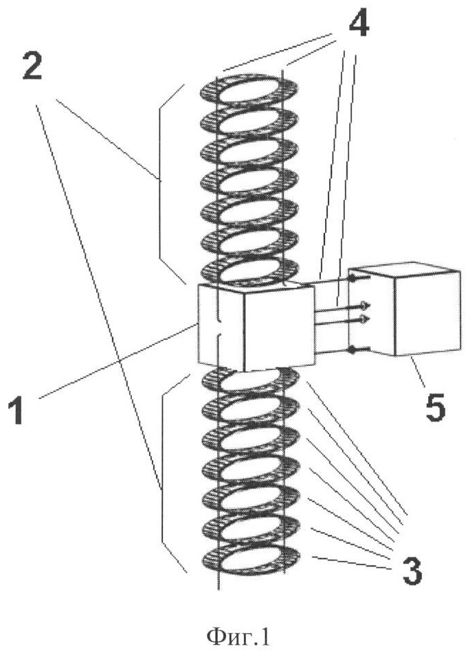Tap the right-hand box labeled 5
point(405,312)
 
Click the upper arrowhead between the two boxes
point(366,305)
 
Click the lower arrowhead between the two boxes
point(366,319)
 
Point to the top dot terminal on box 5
point(352,278)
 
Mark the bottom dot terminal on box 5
point(352,351)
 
